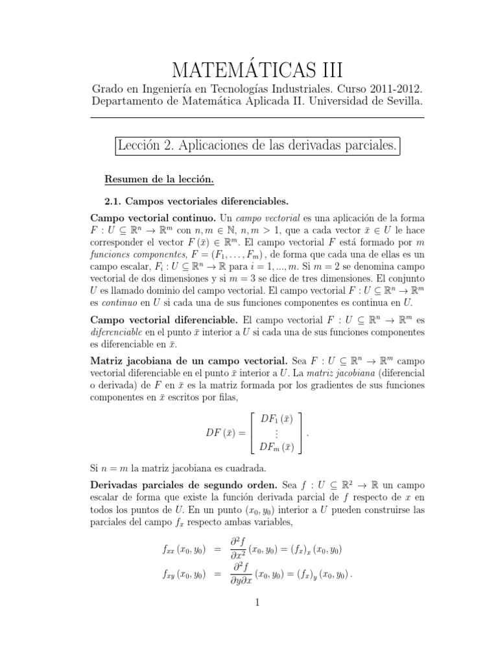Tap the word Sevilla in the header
(401, 102)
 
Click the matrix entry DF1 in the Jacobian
(275, 419)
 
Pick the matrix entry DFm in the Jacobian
(276, 446)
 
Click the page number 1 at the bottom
(257, 602)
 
